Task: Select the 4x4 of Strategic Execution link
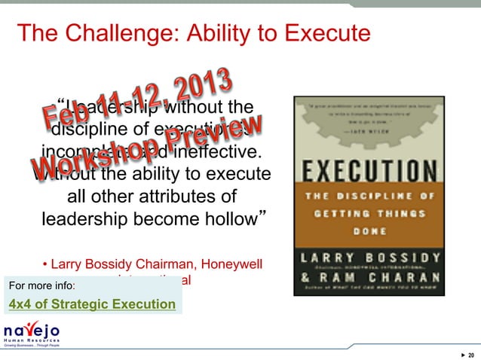click(92, 304)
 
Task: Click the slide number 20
click(470, 355)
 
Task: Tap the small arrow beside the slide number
click(461, 355)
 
